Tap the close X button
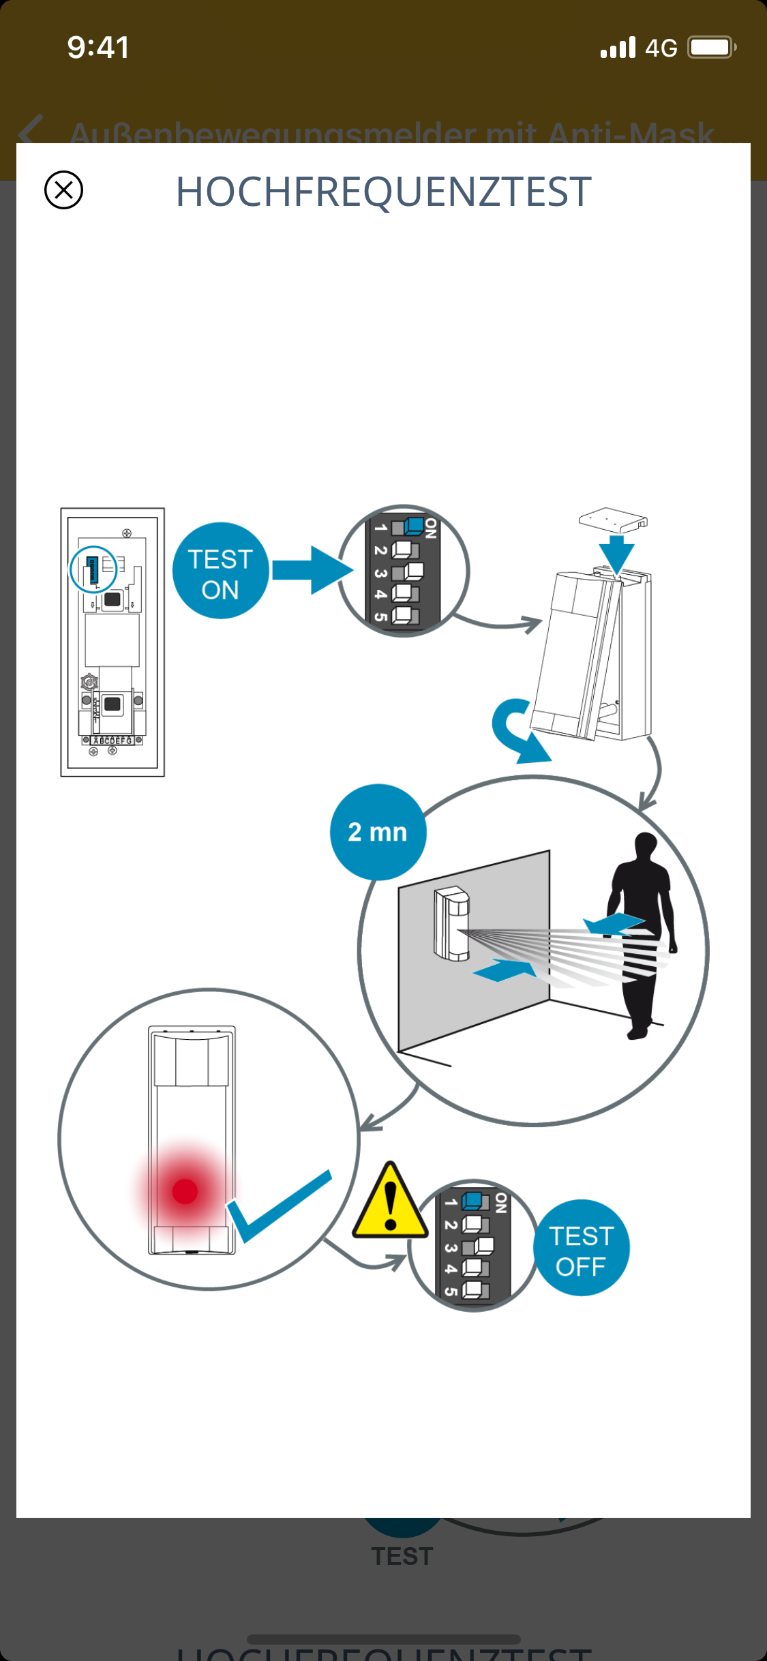click(63, 190)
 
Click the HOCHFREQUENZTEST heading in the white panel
click(383, 192)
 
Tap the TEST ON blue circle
click(220, 571)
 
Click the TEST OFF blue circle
click(581, 1248)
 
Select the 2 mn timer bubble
click(378, 832)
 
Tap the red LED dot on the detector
click(185, 1191)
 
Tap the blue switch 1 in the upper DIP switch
click(413, 526)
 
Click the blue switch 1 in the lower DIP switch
click(473, 1201)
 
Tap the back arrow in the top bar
click(31, 130)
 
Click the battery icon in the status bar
click(711, 48)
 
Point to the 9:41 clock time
click(98, 48)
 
